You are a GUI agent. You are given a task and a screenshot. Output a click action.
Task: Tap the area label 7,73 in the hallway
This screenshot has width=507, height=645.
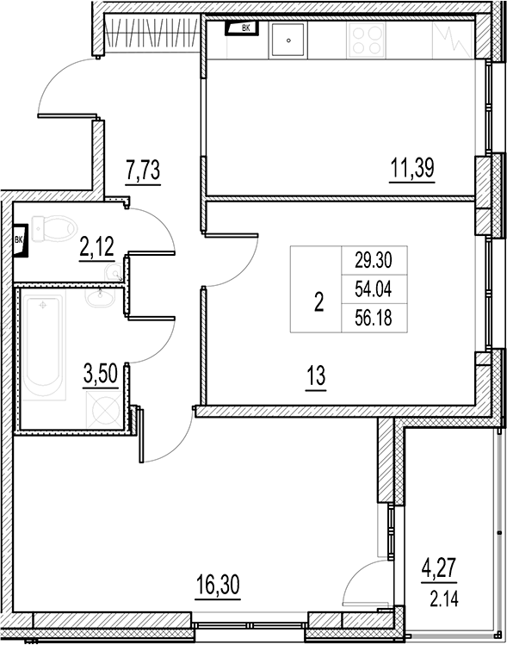144,169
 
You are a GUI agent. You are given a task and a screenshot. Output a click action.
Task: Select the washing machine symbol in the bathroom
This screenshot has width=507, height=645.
103,406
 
